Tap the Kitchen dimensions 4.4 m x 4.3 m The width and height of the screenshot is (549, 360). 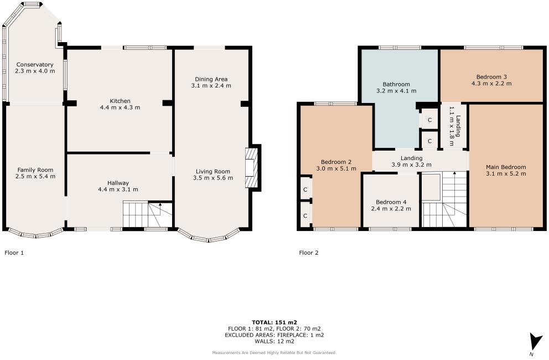pyautogui.click(x=120, y=107)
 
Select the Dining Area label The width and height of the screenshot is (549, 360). pyautogui.click(x=211, y=79)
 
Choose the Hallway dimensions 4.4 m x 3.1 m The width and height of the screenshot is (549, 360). pyautogui.click(x=118, y=189)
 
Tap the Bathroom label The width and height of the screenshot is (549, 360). pyautogui.click(x=396, y=84)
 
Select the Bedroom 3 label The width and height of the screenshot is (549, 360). pyautogui.click(x=490, y=77)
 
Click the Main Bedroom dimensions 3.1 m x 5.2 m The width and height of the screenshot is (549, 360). pyautogui.click(x=505, y=174)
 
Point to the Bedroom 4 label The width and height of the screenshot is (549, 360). pyautogui.click(x=391, y=202)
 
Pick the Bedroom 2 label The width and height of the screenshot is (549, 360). pyautogui.click(x=334, y=161)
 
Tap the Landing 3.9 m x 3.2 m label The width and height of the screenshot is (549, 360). pyautogui.click(x=411, y=158)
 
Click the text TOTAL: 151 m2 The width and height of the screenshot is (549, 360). pyautogui.click(x=274, y=322)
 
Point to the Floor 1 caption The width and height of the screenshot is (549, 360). pyautogui.click(x=14, y=253)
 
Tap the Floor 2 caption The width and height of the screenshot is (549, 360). pyautogui.click(x=309, y=253)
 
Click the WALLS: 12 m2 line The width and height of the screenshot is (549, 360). pyautogui.click(x=274, y=342)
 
